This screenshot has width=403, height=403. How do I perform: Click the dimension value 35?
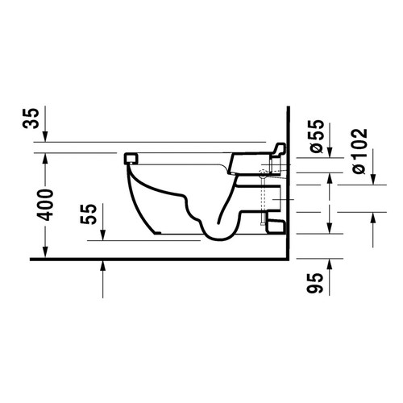pyautogui.click(x=31, y=118)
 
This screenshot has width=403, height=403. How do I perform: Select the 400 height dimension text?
pyautogui.click(x=45, y=205)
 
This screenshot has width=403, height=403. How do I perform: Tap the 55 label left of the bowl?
pyautogui.click(x=88, y=214)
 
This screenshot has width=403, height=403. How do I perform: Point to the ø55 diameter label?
pyautogui.click(x=316, y=136)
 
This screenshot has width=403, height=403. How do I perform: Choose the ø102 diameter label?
pyautogui.click(x=359, y=152)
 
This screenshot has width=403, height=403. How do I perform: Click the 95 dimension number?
pyautogui.click(x=314, y=283)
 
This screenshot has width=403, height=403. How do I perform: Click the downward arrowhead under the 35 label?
pyautogui.click(x=45, y=136)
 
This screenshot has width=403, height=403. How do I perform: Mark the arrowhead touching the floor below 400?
pyautogui.click(x=45, y=252)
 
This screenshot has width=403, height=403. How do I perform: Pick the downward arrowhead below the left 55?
pyautogui.click(x=103, y=235)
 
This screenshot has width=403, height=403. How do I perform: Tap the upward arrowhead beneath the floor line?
pyautogui.click(x=103, y=266)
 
